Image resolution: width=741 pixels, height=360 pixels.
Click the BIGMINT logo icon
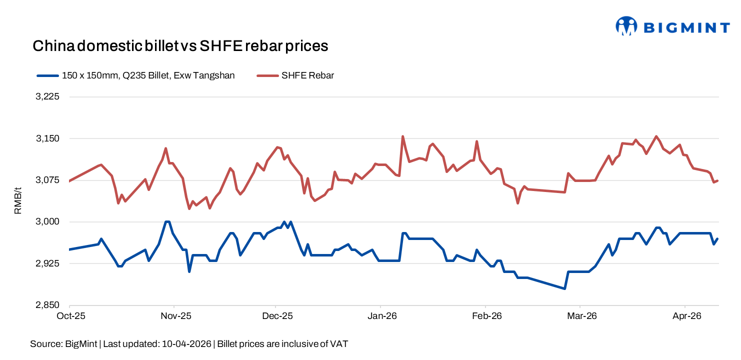(x=626, y=26)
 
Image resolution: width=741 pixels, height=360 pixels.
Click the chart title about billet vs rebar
(x=180, y=46)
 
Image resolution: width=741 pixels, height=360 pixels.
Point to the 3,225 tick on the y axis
(x=48, y=97)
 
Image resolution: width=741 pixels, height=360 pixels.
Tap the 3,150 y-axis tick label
(x=48, y=138)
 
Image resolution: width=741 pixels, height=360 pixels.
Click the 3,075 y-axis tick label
(x=48, y=180)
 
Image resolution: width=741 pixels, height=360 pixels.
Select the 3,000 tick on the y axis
(x=48, y=221)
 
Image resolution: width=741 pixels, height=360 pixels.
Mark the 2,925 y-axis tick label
(x=48, y=263)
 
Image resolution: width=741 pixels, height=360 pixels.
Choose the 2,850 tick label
(x=48, y=305)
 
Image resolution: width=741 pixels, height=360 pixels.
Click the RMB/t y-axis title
(x=18, y=200)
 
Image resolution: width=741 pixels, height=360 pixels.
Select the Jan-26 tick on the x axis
(x=382, y=316)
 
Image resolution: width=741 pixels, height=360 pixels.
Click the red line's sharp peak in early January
(x=402, y=136)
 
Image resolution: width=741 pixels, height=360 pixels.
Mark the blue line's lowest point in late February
(x=564, y=288)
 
